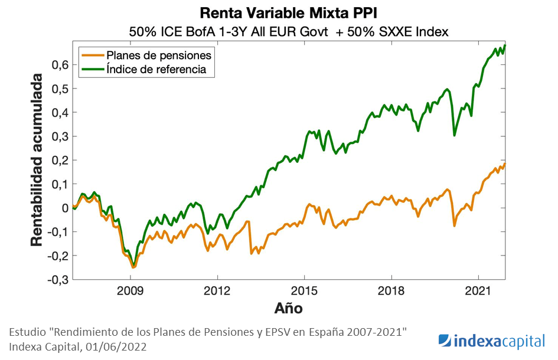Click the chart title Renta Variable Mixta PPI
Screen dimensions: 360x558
tap(288, 12)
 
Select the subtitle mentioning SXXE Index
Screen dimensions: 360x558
tap(288, 32)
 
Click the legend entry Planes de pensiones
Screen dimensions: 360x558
tap(158, 55)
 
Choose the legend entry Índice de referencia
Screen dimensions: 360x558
tap(156, 69)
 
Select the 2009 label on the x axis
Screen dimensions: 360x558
tap(130, 291)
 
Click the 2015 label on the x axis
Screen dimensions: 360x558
tap(304, 291)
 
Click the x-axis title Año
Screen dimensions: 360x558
tap(288, 308)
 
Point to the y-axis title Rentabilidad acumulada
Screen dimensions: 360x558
tap(37, 160)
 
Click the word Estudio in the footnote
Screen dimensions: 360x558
tap(28, 332)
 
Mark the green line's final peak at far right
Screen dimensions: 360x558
tap(505, 45)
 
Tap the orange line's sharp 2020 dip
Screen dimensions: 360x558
tap(454, 225)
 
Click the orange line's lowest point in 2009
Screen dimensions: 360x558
tap(133, 267)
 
